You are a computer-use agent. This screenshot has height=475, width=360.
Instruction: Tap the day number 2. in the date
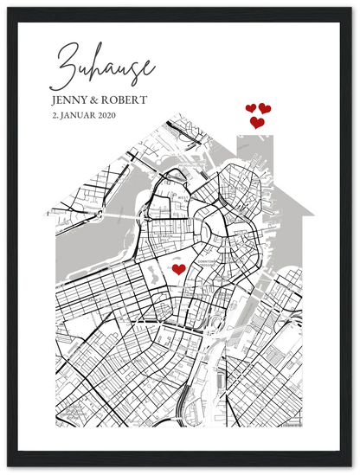56,114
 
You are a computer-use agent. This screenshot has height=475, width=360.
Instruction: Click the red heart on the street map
178,269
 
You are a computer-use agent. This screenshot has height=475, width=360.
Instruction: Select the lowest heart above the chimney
257,123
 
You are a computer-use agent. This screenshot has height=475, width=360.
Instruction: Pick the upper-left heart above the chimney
251,108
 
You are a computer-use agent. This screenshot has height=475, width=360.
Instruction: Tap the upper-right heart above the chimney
265,108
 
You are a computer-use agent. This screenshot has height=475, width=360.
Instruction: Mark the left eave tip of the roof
47,213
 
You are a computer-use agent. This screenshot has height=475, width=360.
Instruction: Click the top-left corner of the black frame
3,3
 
